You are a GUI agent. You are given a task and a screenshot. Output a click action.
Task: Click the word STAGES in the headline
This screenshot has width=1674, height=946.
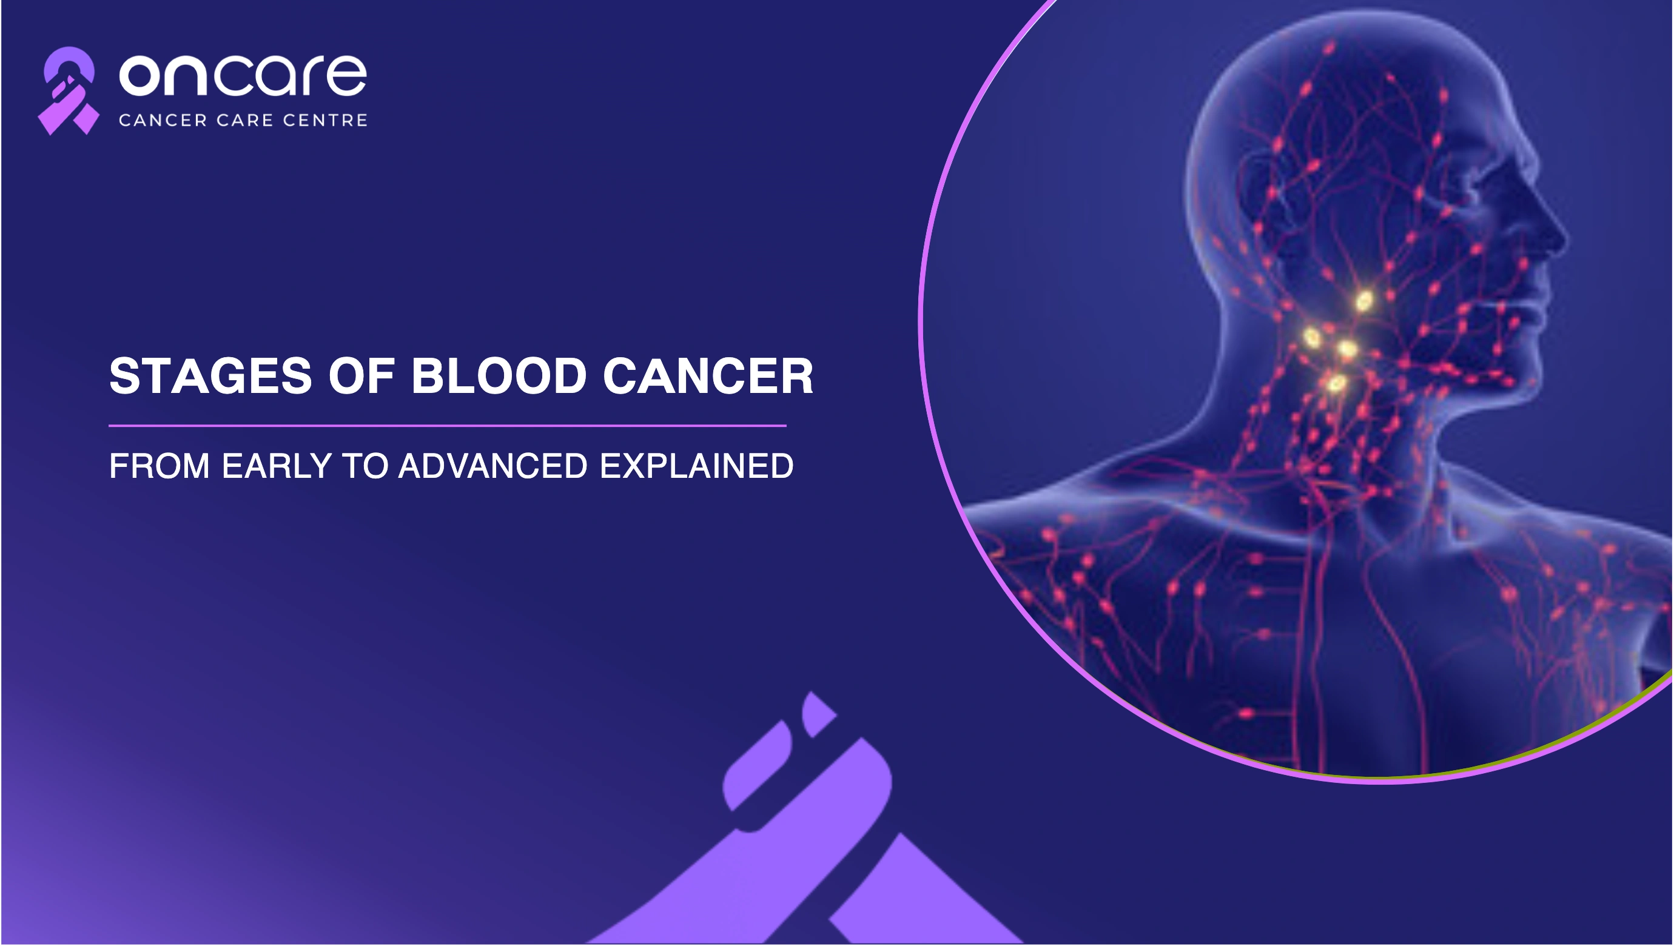pos(210,375)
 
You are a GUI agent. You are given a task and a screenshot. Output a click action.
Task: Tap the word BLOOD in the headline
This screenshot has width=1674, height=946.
pos(499,375)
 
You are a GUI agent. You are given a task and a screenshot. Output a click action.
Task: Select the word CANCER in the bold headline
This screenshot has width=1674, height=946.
pos(708,375)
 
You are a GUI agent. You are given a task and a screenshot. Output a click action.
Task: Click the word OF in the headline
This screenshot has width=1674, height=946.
pos(362,375)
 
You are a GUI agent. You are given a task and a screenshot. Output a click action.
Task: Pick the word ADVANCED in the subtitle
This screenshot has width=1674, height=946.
pos(493,466)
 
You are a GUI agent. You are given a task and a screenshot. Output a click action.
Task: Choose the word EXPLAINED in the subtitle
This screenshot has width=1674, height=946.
pos(697,466)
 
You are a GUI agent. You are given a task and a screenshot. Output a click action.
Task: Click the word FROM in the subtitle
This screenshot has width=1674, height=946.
pos(159,466)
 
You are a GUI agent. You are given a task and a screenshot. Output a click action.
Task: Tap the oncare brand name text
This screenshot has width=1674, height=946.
pos(243,75)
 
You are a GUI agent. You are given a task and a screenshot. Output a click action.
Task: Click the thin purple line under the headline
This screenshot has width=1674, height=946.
pos(448,426)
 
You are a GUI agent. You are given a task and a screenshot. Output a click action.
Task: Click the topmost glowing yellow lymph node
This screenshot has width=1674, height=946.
pos(1364,301)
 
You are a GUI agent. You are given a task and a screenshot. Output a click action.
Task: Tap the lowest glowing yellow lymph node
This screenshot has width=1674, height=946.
pos(1335,384)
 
